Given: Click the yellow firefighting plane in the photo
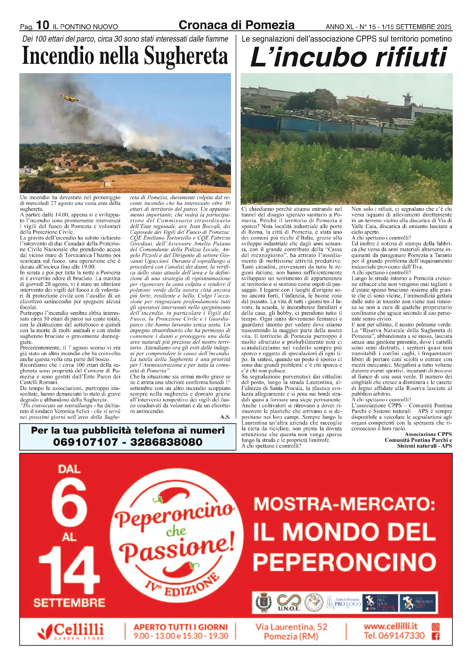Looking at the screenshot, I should [x=69, y=97].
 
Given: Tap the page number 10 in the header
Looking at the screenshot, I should [x=43, y=25].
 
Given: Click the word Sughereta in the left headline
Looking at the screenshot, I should [x=186, y=56].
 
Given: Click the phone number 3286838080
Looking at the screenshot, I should [x=166, y=442].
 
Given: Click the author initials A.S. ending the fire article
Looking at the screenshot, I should [x=225, y=417].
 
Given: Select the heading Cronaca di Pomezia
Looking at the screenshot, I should [x=236, y=25].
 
